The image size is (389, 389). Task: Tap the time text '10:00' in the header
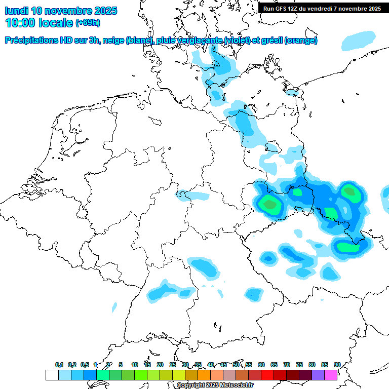point(19,23)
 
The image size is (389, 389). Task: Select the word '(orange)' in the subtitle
point(301,41)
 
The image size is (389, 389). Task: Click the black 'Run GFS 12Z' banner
point(322,8)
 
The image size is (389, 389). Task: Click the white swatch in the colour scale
point(52,375)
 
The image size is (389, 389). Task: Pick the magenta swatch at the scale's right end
point(331,375)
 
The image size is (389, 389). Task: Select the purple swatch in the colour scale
point(318,375)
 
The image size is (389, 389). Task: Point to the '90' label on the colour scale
point(337,365)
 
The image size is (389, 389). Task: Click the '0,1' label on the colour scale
point(59,365)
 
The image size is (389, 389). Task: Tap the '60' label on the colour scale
point(261,365)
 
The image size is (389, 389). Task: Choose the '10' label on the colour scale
point(135,365)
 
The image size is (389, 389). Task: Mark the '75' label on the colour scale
point(299,365)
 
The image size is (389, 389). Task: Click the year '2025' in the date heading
point(104,11)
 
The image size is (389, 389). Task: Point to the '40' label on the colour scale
point(211,365)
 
